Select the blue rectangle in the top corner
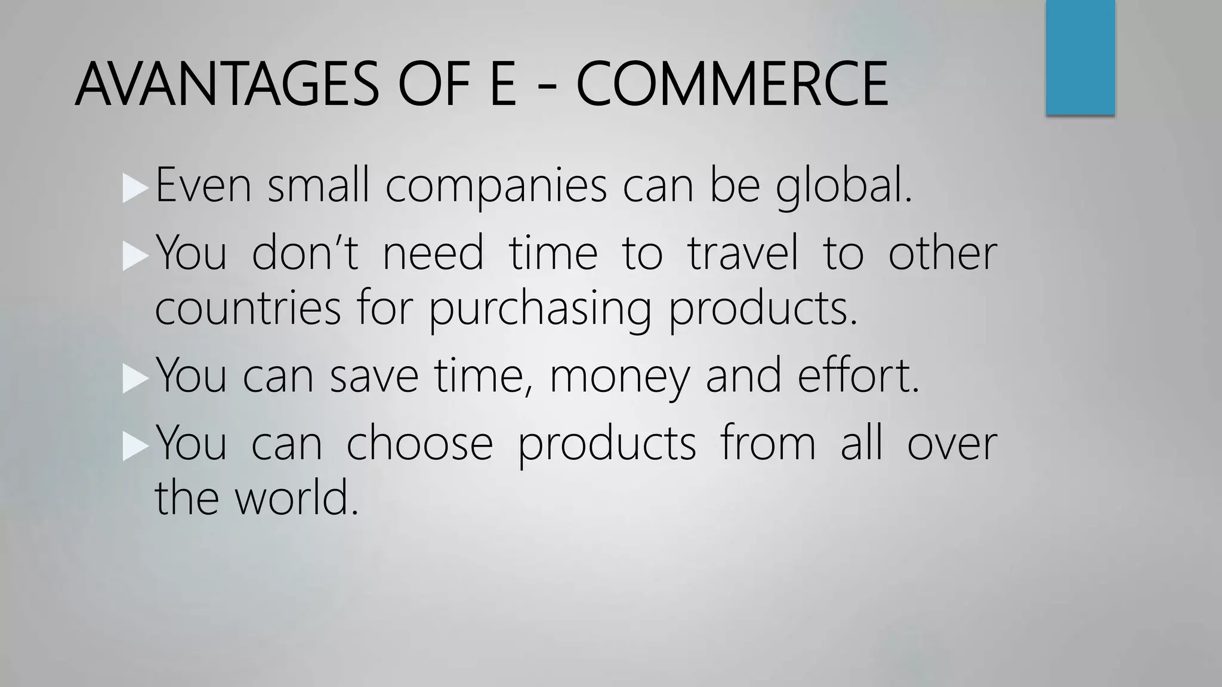pyautogui.click(x=1080, y=57)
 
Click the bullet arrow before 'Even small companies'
pyautogui.click(x=134, y=188)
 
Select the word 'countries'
pyautogui.click(x=248, y=309)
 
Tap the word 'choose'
pyautogui.click(x=419, y=443)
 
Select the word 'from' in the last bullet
pyautogui.click(x=768, y=443)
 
